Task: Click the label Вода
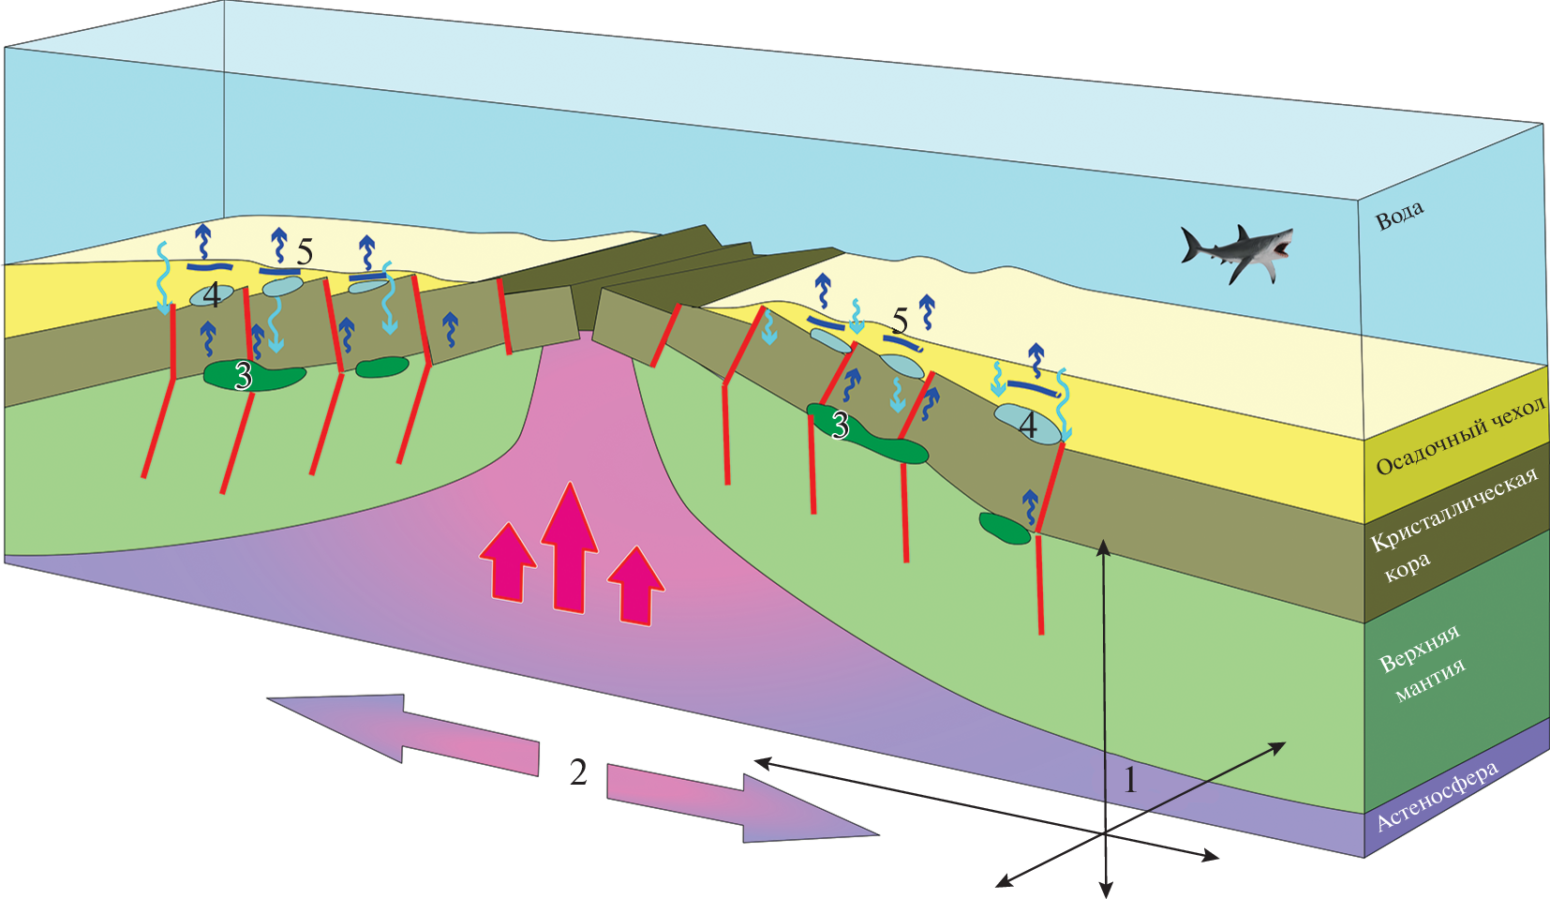click(1399, 216)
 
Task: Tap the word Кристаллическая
click(1453, 511)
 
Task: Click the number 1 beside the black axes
click(1130, 779)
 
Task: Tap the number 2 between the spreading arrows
click(578, 772)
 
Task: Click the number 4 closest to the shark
click(1028, 427)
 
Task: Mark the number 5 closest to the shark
click(900, 322)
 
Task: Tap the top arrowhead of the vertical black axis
click(1105, 546)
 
